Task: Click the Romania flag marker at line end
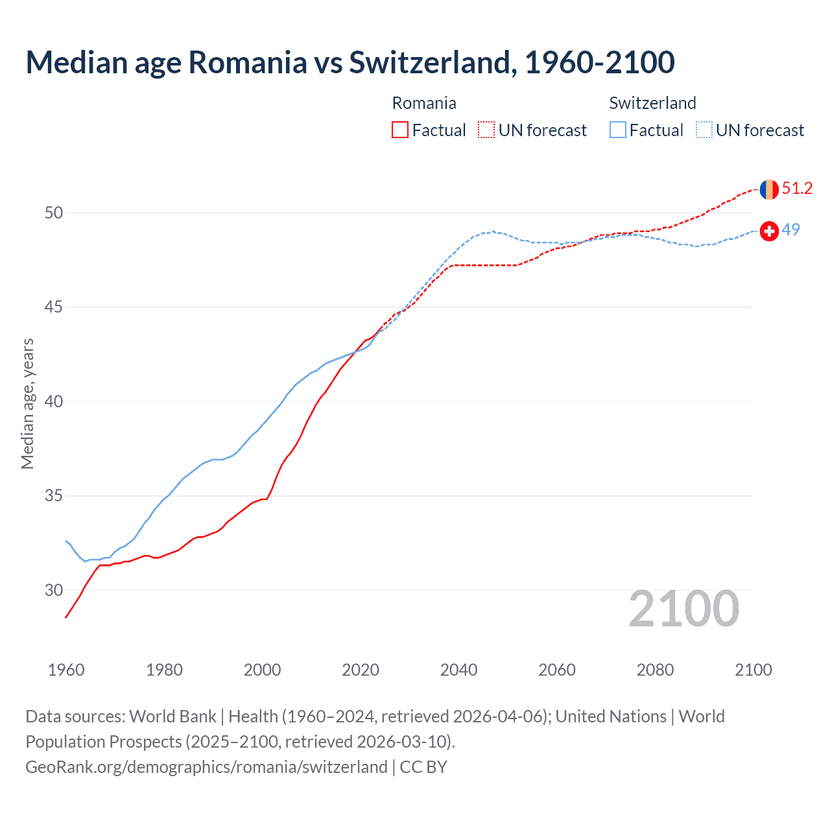point(769,189)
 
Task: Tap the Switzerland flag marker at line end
point(769,231)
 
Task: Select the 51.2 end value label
point(797,189)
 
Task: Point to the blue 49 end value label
point(790,230)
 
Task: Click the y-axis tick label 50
point(54,213)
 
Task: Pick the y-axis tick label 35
point(54,496)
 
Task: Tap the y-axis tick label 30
point(54,590)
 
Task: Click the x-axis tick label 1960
point(66,670)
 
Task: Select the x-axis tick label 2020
point(361,670)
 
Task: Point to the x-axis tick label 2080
point(655,670)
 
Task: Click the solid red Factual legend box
point(400,130)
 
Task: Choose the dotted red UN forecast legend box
point(486,130)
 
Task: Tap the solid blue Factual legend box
point(618,130)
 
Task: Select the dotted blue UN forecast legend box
point(704,130)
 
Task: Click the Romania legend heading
point(424,103)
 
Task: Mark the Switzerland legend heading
point(652,103)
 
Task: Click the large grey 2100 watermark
point(683,608)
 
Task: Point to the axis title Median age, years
point(27,403)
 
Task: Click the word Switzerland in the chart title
point(433,62)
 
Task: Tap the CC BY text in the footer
point(423,767)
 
